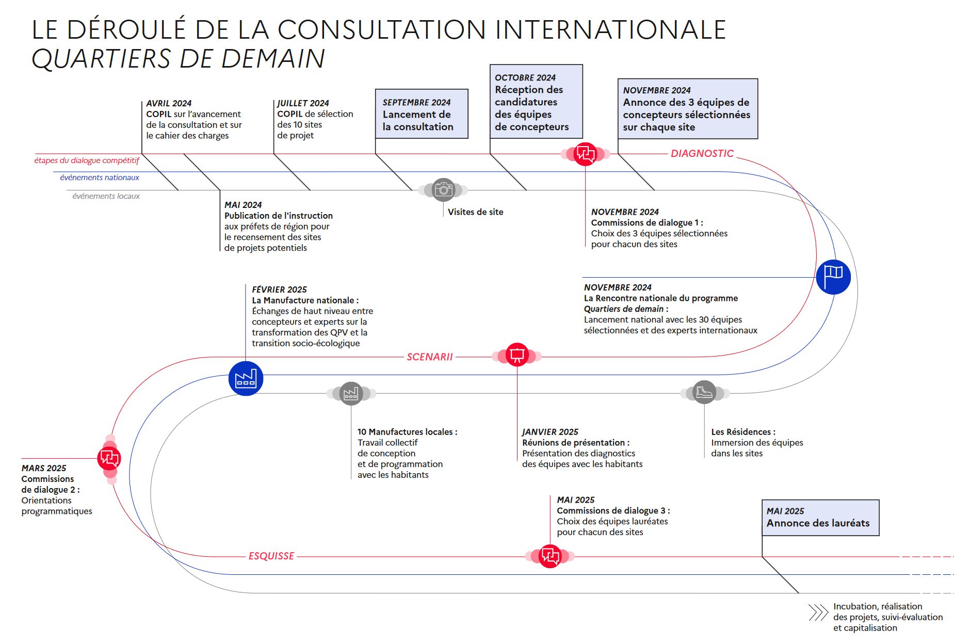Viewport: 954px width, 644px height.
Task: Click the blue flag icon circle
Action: pos(833,277)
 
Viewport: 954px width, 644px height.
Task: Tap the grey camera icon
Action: pos(443,190)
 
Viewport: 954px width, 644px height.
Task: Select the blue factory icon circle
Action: pos(246,379)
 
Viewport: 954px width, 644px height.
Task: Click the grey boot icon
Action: pos(704,393)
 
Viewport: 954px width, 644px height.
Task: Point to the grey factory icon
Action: pos(351,394)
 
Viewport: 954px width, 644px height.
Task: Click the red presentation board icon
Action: pos(517,355)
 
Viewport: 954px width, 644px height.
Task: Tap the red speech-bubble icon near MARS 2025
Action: pos(109,458)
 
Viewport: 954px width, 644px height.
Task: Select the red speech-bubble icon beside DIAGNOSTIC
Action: pos(585,154)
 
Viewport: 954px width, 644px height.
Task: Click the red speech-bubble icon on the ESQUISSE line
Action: pos(550,556)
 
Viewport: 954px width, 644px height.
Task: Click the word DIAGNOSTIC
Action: pos(702,153)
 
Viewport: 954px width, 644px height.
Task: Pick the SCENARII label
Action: pos(429,357)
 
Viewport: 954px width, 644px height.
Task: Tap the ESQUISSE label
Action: pos(271,556)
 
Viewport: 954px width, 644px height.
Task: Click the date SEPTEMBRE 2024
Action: pos(416,102)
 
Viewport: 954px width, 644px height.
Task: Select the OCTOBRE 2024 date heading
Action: pos(525,77)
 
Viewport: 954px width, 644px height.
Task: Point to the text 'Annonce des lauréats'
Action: pos(818,523)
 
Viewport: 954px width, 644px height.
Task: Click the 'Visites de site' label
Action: pos(475,212)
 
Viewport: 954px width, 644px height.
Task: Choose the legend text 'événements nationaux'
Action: pos(100,178)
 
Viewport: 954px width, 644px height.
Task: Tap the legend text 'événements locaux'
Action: pos(106,196)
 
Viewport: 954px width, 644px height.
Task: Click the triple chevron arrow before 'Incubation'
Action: pos(818,613)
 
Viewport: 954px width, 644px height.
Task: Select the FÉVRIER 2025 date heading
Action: pos(279,289)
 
